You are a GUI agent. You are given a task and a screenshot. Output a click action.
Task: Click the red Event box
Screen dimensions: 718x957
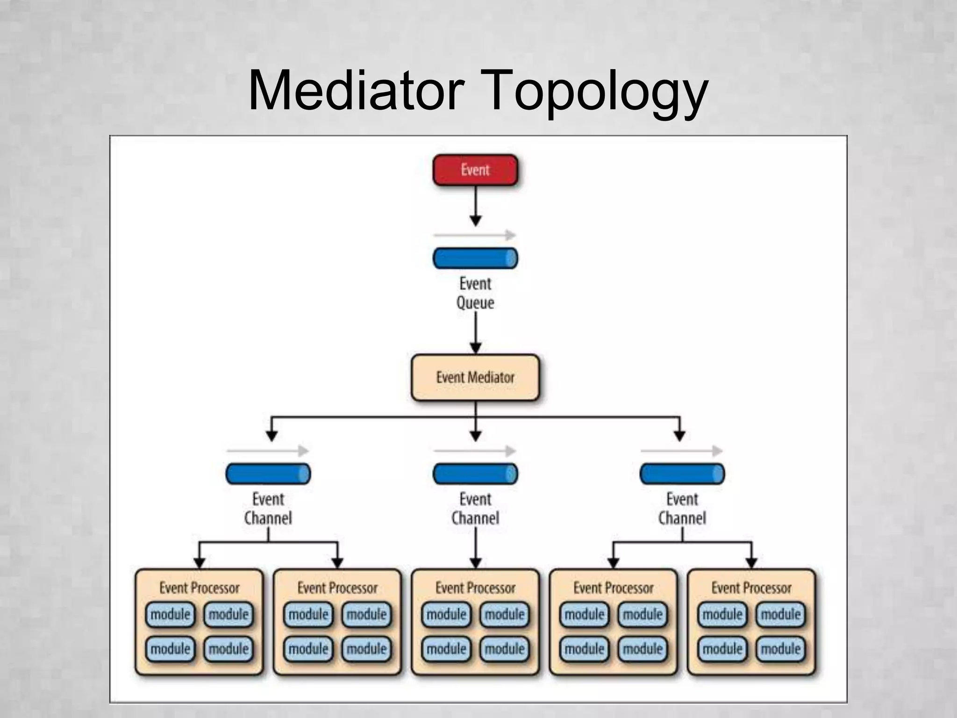475,170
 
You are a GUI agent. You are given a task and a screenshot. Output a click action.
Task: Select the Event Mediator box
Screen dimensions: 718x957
475,377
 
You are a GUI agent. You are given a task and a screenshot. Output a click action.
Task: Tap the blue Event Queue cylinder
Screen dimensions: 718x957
475,258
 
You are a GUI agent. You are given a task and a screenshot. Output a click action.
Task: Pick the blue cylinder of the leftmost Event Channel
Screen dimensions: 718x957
268,474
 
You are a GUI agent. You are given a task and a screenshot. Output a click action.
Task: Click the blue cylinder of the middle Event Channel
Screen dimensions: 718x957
475,474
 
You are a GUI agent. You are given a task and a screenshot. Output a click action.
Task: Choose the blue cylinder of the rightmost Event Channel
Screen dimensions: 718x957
682,474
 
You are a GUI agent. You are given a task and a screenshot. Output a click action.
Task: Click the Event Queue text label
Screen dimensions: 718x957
475,293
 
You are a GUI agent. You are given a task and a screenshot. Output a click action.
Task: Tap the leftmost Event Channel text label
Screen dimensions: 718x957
268,509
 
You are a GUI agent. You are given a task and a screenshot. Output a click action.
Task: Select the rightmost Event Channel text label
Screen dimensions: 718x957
682,509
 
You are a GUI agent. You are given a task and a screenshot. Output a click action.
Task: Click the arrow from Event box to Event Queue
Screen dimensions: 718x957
475,206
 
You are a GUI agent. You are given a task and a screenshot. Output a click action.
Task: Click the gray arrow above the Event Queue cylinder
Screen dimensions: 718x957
474,235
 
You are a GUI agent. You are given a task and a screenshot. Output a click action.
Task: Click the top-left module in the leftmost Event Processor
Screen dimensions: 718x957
171,614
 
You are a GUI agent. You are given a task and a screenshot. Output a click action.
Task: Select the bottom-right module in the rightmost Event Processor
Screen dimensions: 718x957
781,649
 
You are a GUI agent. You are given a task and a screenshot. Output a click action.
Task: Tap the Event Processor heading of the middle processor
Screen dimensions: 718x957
475,588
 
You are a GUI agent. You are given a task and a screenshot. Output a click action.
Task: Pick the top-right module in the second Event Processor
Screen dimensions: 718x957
367,614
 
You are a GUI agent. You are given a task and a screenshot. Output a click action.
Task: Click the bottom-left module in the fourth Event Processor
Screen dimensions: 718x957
585,649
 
